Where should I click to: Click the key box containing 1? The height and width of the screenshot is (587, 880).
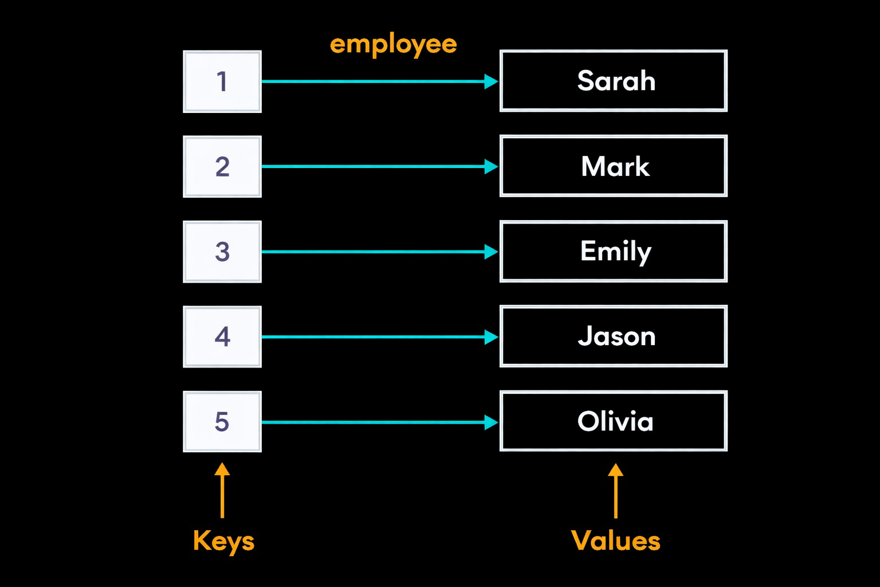[x=222, y=81]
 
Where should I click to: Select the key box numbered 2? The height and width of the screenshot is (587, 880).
[x=222, y=167]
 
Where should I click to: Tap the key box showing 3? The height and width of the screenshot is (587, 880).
[x=222, y=252]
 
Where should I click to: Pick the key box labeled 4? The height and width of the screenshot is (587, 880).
[x=222, y=337]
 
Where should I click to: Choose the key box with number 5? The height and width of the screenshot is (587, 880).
[x=222, y=421]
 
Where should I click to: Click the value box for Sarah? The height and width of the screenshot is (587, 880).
[x=613, y=81]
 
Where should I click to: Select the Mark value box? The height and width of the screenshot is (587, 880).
[x=613, y=166]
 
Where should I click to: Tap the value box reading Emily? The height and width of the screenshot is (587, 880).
[x=613, y=251]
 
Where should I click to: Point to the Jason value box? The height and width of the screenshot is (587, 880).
[x=613, y=336]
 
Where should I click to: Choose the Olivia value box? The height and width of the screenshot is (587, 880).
[x=613, y=421]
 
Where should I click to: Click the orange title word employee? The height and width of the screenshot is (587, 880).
[x=393, y=45]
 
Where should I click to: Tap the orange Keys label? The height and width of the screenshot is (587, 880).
[x=223, y=542]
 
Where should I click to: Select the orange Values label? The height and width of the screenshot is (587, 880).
[x=616, y=541]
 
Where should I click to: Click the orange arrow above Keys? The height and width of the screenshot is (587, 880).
[x=222, y=490]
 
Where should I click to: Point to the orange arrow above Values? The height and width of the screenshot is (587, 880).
[x=616, y=491]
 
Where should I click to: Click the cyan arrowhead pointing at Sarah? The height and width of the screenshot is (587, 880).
[x=491, y=81]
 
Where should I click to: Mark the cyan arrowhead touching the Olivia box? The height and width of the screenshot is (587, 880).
[x=491, y=422]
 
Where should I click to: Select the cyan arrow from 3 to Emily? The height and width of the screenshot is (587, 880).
[x=380, y=252]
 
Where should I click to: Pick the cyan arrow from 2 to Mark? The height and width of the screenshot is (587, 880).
[x=380, y=166]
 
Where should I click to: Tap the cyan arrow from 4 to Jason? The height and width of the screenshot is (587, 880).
[x=380, y=337]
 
